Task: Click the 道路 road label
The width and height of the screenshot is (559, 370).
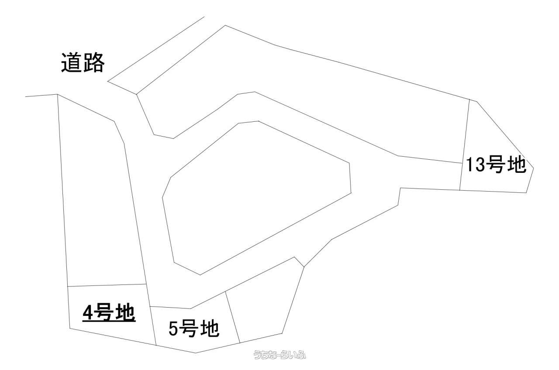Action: click(83, 63)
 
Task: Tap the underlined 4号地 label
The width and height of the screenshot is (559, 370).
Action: click(108, 312)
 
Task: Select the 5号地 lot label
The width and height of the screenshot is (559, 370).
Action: click(193, 328)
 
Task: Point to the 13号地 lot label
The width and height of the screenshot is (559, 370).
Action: click(496, 165)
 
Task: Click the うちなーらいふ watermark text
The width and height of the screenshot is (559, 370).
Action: click(280, 356)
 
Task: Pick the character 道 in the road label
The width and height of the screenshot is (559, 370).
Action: click(71, 63)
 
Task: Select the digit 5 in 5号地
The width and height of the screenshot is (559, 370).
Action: click(173, 329)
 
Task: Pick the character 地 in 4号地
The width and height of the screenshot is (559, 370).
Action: click(125, 312)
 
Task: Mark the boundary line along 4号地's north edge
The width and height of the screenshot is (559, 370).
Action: click(107, 285)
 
